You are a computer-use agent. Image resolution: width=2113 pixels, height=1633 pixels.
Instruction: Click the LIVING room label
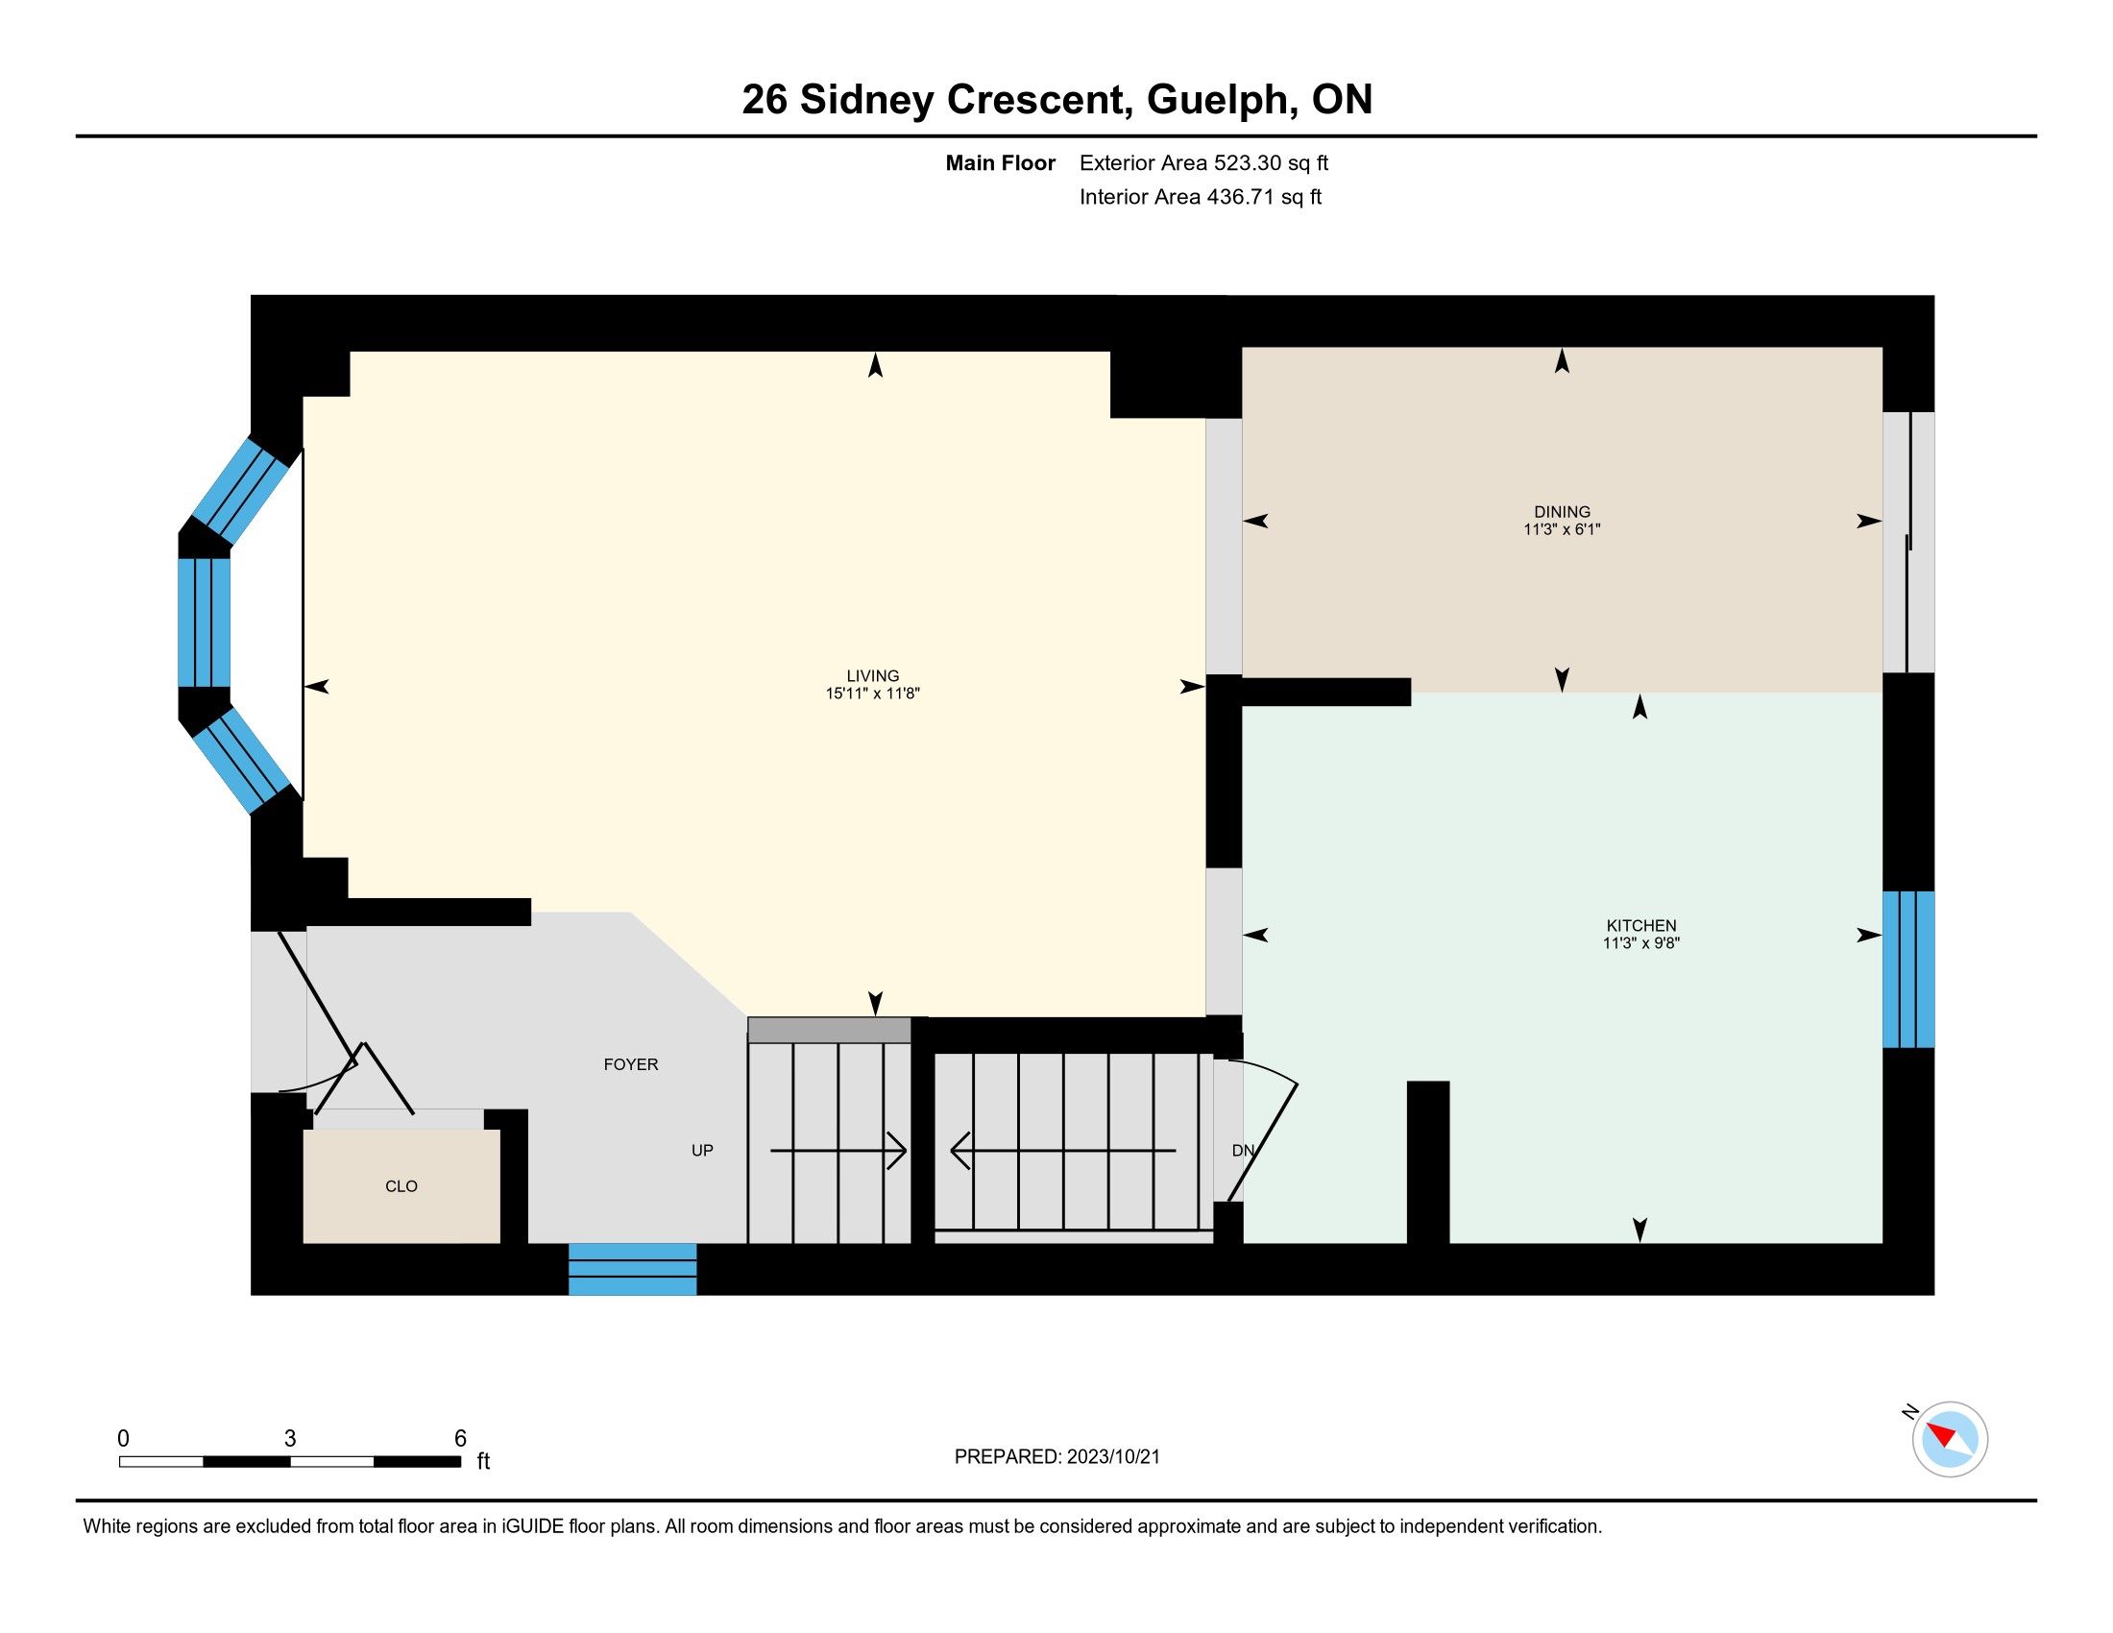tap(873, 676)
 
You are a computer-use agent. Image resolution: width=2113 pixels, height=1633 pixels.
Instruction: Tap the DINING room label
tap(1562, 512)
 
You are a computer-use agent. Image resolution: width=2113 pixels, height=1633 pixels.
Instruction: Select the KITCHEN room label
tap(1640, 926)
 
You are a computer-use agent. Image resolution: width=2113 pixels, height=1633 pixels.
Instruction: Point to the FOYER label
tap(631, 1064)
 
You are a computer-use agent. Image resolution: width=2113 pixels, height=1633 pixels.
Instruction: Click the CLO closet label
tap(401, 1186)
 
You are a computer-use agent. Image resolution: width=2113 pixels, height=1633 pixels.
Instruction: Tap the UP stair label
tap(702, 1150)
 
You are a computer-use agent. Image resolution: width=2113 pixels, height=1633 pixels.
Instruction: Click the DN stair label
tap(1243, 1150)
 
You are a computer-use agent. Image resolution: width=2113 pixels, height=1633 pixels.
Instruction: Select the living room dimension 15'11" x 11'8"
tap(873, 694)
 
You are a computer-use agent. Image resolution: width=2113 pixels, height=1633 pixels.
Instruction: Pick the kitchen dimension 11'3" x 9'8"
tap(1640, 943)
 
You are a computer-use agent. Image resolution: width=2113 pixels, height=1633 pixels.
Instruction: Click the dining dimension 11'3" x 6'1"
tap(1562, 529)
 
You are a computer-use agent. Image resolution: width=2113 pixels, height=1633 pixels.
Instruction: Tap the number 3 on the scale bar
tap(289, 1439)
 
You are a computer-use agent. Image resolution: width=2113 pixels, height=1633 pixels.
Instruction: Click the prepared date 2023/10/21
tap(1112, 1457)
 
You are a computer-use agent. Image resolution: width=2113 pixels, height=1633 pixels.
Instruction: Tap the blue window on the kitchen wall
tap(1907, 969)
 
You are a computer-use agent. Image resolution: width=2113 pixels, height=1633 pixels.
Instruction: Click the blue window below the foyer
tap(632, 1269)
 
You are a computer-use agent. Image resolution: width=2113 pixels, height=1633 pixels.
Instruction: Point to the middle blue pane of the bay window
tap(205, 623)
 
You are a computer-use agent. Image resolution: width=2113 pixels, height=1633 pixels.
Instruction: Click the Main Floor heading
tap(1001, 162)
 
